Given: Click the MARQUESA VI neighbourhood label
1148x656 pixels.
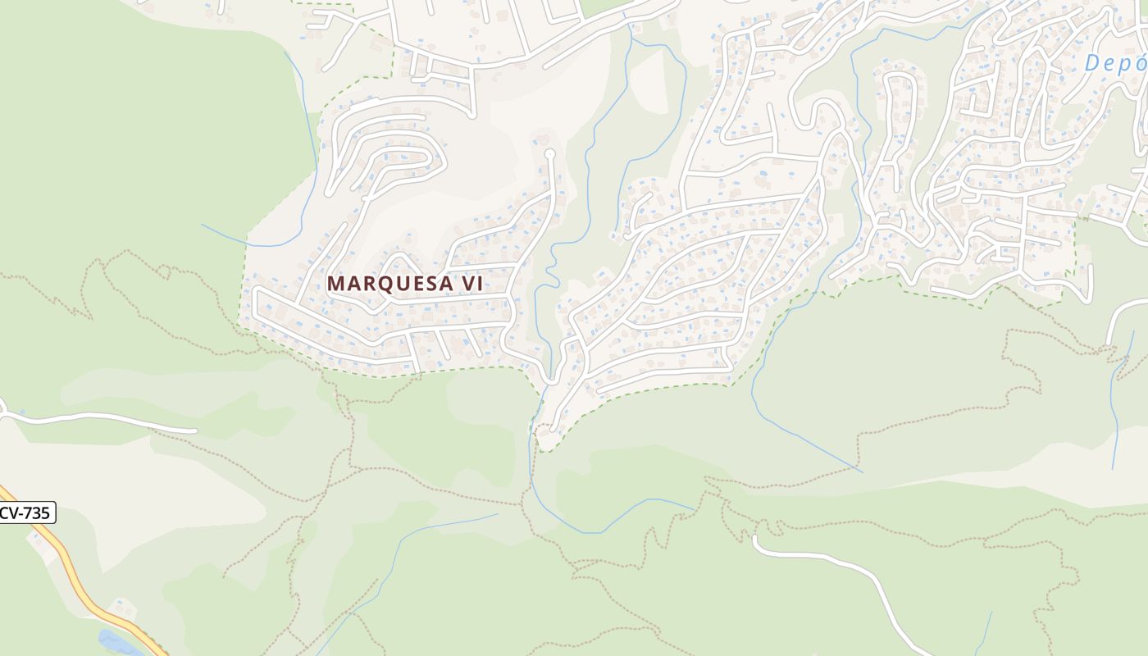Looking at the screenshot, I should [x=405, y=283].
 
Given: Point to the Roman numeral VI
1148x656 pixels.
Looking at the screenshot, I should [x=472, y=283].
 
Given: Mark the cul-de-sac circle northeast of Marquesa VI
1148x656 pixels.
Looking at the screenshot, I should [x=549, y=153].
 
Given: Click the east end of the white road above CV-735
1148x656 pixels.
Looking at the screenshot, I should [x=195, y=430].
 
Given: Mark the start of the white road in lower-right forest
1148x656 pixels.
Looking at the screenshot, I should [x=755, y=539].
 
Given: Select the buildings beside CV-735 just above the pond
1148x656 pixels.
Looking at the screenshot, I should [x=123, y=608].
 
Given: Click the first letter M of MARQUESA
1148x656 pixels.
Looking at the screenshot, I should [x=335, y=284].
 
